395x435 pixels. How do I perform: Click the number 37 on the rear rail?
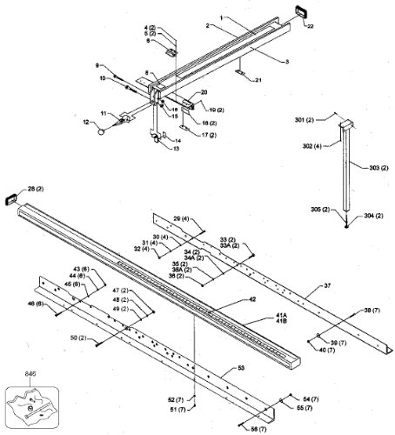coord(328,284)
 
